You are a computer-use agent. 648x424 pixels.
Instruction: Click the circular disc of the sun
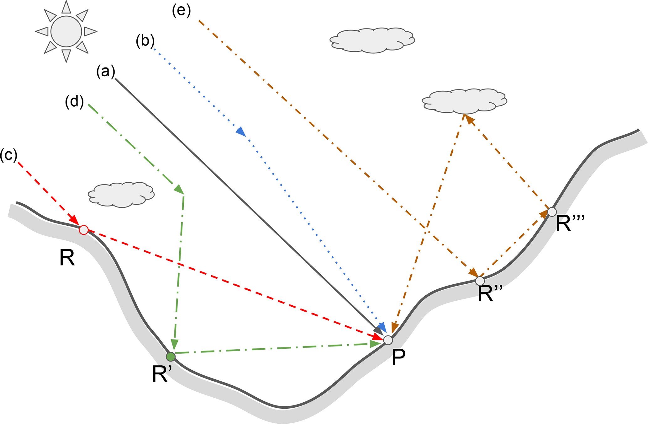[66, 31]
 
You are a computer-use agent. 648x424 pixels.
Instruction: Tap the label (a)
[106, 72]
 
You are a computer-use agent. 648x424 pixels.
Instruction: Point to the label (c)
[8, 155]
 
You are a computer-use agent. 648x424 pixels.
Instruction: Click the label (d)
[75, 102]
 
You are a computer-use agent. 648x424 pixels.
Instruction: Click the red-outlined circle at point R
[84, 230]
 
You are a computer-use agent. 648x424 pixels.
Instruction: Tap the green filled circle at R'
[171, 357]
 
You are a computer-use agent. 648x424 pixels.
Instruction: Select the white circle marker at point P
[388, 340]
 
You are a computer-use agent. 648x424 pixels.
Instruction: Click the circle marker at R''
[480, 281]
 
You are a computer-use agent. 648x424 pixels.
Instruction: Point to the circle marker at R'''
[552, 212]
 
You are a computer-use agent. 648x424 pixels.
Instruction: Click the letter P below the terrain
[398, 358]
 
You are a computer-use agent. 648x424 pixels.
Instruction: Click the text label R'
[162, 374]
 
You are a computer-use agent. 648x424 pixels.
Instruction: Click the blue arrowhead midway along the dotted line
[241, 131]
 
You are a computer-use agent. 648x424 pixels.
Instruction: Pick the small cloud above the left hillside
[121, 195]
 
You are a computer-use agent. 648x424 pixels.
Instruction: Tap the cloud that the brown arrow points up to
[464, 101]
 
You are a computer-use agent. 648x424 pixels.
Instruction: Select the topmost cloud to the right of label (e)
[372, 40]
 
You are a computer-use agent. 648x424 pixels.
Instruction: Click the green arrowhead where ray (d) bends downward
[179, 189]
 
